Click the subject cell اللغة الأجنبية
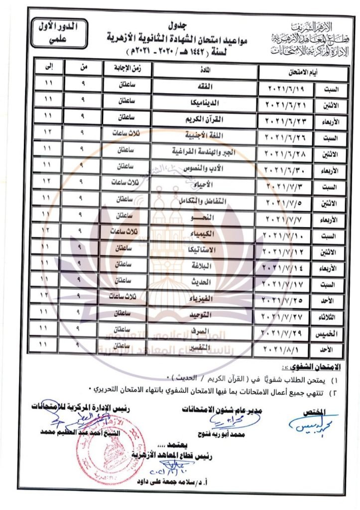coord(204,135)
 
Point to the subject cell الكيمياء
coord(204,232)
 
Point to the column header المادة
coord(204,70)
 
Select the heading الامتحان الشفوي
coord(318,367)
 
